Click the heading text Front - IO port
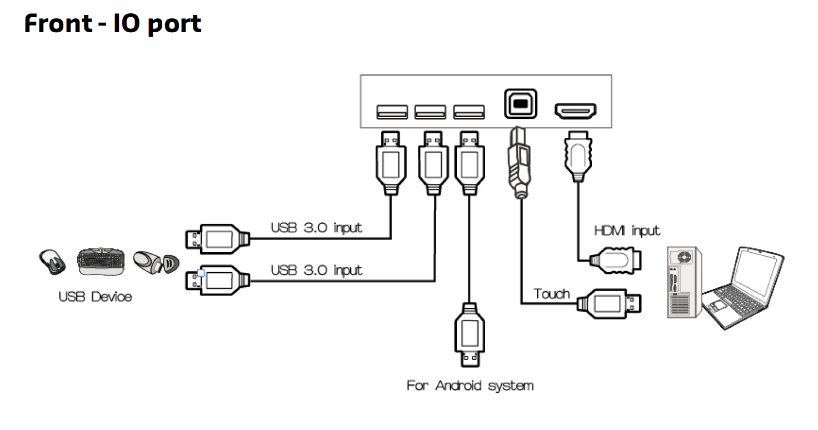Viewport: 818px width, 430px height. (x=113, y=24)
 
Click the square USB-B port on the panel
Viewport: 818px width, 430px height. (x=521, y=103)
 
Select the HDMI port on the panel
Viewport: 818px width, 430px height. (x=575, y=112)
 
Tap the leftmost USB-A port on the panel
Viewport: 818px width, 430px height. (x=392, y=112)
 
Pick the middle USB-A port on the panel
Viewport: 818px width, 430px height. (x=430, y=112)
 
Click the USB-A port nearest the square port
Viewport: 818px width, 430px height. (x=468, y=112)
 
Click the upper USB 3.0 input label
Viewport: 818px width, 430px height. (x=316, y=227)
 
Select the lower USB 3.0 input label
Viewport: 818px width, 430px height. (x=316, y=270)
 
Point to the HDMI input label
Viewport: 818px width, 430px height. (x=627, y=230)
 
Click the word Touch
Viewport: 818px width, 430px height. (x=552, y=293)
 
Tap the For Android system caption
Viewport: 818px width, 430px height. (x=470, y=386)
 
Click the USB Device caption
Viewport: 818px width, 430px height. (x=96, y=297)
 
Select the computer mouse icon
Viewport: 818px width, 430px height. (x=53, y=261)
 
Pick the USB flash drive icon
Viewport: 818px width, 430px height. (x=156, y=262)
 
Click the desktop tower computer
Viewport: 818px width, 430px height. (x=684, y=282)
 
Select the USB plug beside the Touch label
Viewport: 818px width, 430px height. (x=610, y=303)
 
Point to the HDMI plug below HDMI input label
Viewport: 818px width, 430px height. (x=617, y=258)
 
